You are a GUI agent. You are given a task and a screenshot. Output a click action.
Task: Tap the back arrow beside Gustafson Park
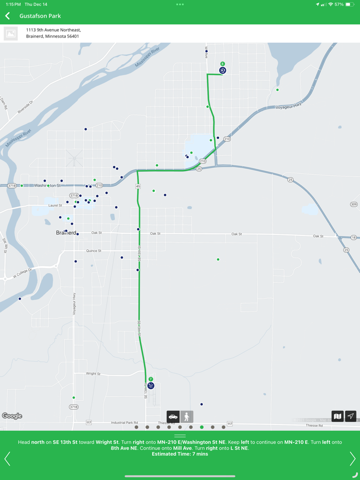pos(8,16)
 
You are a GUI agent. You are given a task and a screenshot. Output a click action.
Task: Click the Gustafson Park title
pos(40,16)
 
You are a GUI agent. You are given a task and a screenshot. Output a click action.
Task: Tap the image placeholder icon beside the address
pos(11,33)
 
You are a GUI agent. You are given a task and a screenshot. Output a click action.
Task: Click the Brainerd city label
pos(66,233)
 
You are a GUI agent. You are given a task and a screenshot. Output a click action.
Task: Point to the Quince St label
pos(94,251)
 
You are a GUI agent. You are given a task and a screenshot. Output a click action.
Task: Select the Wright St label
pos(93,374)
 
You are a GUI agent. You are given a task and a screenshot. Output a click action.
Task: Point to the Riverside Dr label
pos(25,106)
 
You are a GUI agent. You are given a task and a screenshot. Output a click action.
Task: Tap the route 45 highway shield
pos(138,186)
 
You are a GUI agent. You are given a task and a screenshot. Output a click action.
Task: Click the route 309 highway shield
pos(354,205)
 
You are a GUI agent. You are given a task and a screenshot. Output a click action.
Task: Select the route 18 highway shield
pos(354,237)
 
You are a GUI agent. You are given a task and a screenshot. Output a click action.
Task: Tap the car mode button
pos(173,416)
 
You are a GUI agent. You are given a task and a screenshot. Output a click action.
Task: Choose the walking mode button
pos(187,416)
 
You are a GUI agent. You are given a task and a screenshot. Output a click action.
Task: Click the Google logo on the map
pos(12,416)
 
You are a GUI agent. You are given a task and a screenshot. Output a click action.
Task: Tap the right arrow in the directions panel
pos(352,458)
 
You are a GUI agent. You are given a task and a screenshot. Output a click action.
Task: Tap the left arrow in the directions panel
pos(7,458)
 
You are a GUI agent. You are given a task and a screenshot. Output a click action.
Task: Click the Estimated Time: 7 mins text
pos(180,454)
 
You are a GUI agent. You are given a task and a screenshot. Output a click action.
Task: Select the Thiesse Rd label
pos(314,426)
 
